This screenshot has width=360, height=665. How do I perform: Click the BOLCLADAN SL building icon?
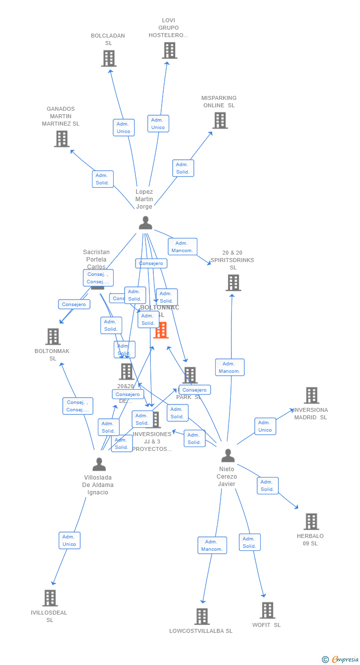109,58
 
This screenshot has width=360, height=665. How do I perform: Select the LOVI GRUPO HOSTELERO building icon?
169,50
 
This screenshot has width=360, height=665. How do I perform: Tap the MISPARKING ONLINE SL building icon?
220,120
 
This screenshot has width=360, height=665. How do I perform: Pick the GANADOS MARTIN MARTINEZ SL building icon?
61,139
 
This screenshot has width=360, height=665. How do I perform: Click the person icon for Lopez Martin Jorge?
145,223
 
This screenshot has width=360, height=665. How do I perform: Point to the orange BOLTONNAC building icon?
161,330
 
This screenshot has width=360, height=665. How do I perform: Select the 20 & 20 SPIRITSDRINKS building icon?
233,283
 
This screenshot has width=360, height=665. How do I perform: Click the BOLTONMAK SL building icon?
53,337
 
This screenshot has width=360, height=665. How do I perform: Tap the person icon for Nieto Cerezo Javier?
227,455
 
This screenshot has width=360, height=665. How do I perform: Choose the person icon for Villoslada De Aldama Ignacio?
99,464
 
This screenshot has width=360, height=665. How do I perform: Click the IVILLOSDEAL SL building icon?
50,598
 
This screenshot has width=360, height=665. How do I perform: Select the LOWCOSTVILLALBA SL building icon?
202,617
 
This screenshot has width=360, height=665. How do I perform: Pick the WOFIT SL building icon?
267,611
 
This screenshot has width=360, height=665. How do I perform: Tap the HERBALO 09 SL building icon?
311,522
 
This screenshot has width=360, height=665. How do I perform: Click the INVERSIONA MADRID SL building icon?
312,396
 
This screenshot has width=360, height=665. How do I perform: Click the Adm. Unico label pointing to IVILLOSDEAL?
69,540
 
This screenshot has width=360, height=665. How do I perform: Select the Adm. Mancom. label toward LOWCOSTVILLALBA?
212,545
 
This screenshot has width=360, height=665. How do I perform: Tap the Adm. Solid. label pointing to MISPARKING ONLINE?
183,168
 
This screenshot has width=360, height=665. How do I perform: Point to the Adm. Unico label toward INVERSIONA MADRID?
265,426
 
